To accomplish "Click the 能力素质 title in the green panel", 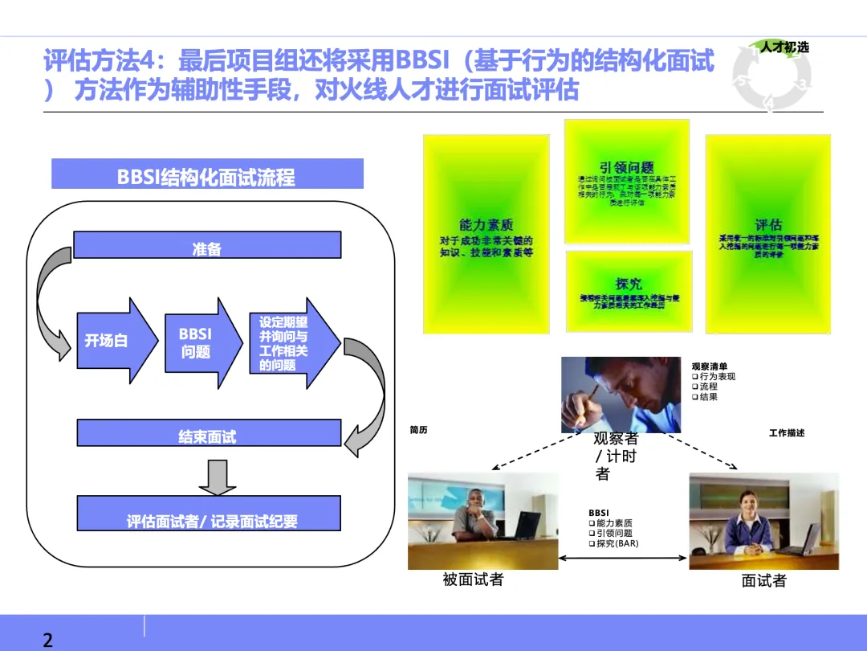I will pyautogui.click(x=486, y=225).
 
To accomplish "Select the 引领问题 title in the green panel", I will pyautogui.click(x=626, y=167).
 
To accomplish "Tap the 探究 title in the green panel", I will pyautogui.click(x=629, y=284).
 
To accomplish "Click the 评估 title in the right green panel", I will pyautogui.click(x=768, y=225).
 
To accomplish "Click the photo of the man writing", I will pyautogui.click(x=621, y=394).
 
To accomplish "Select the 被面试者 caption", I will pyautogui.click(x=473, y=579).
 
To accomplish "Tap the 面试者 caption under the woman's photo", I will pyautogui.click(x=763, y=581).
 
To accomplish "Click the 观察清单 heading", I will pyautogui.click(x=709, y=366).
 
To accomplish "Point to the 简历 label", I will pyautogui.click(x=418, y=430).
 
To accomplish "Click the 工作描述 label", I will pyautogui.click(x=786, y=433).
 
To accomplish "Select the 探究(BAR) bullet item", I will pyautogui.click(x=617, y=543).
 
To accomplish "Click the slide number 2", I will pyautogui.click(x=48, y=641).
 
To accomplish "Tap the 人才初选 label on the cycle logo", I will pyautogui.click(x=784, y=47).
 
